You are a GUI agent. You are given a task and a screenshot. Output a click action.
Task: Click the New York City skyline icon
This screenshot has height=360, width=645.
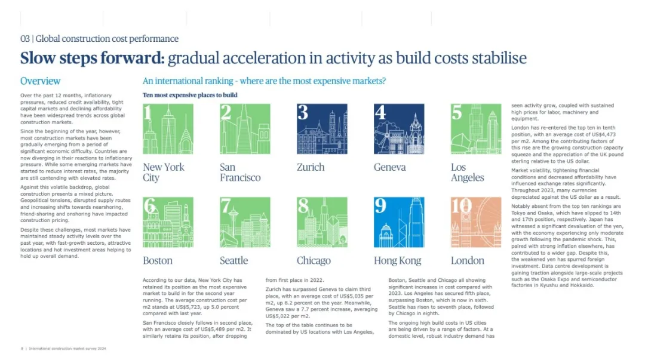pyautogui.click(x=168, y=129)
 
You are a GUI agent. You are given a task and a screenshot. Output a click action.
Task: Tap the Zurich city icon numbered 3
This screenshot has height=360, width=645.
pyautogui.click(x=322, y=129)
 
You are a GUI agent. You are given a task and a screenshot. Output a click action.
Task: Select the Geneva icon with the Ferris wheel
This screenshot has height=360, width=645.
pyautogui.click(x=399, y=129)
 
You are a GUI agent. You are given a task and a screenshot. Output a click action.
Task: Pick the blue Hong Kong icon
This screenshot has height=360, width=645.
pyautogui.click(x=399, y=222)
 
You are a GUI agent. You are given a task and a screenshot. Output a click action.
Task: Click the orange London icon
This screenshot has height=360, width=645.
pyautogui.click(x=476, y=222)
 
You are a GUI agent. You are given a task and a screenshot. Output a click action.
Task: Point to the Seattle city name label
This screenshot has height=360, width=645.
pyautogui.click(x=234, y=261)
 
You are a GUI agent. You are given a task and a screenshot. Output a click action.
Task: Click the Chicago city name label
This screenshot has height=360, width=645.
pyautogui.click(x=314, y=261)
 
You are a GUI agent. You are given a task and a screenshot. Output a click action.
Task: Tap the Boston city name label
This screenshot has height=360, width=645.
pyautogui.click(x=158, y=261)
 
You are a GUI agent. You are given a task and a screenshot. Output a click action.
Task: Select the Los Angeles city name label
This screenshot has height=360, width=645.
pyautogui.click(x=467, y=173)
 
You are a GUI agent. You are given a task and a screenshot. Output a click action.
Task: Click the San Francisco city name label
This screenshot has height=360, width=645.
pyautogui.click(x=240, y=173)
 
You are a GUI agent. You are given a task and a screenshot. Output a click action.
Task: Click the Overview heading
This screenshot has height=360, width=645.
pyautogui.click(x=41, y=81)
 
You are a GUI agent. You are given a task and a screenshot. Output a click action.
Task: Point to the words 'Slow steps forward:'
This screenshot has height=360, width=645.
pyautogui.click(x=93, y=58)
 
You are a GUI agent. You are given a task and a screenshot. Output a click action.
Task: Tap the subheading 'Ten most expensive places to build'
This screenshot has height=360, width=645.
pyautogui.click(x=190, y=95)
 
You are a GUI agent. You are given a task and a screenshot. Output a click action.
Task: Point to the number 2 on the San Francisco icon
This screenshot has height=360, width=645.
pyautogui.click(x=225, y=112)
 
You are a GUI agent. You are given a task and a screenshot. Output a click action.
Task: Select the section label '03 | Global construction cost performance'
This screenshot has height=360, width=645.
pyautogui.click(x=100, y=39)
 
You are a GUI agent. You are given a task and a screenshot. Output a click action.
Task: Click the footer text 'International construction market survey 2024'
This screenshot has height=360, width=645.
pyautogui.click(x=67, y=349)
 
